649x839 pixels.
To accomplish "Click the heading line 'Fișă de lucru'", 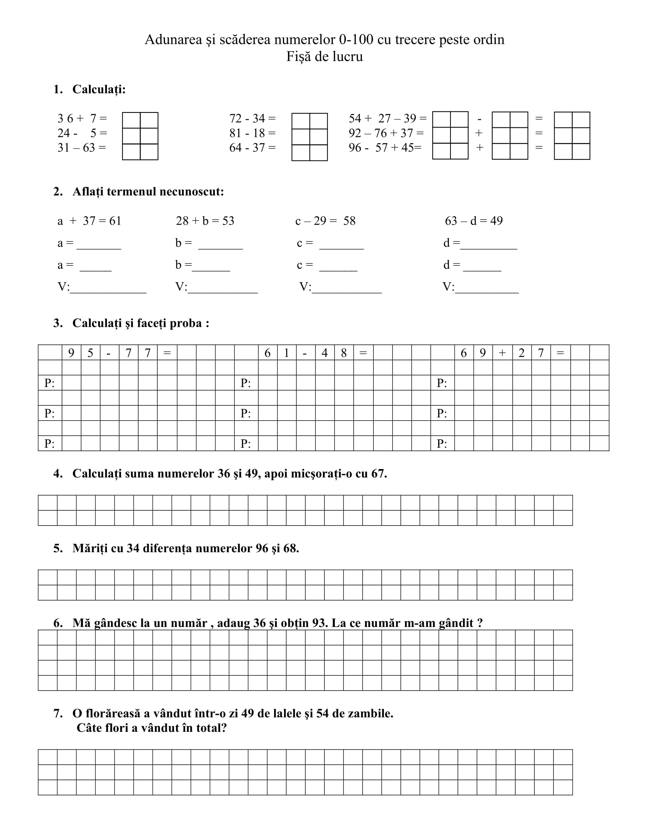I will point(324,57).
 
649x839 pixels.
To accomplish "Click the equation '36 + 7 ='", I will point(82,118).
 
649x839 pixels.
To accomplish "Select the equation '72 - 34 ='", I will point(252,118).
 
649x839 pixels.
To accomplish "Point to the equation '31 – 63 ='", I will point(82,148).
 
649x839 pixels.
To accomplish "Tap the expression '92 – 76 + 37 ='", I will point(386,133).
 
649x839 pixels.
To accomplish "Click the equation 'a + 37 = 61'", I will point(89,221).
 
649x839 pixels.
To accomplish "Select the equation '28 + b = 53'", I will point(205,221).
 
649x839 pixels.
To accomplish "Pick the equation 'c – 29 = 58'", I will point(325,221).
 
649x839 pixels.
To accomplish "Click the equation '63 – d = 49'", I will point(474,221).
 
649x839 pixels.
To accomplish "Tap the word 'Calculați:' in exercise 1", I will point(99,90).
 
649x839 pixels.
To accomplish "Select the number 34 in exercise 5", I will point(132,548).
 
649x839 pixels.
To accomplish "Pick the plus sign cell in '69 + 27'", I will point(502,353).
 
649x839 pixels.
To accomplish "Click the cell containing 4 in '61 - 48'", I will point(324,353).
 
